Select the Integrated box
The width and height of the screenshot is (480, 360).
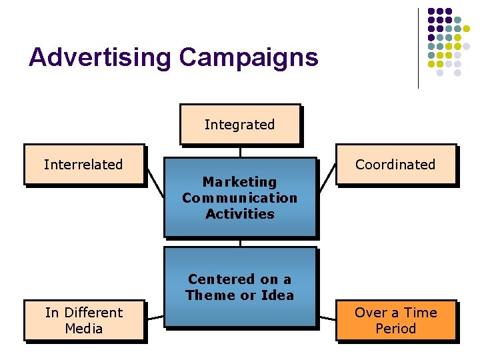coord(239,125)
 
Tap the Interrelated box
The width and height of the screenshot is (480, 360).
coord(83,164)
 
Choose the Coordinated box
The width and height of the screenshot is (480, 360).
coord(395,164)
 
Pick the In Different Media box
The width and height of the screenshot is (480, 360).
coord(84,320)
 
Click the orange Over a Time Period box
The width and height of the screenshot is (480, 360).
coord(396,320)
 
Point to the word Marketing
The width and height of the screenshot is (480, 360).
coord(239,182)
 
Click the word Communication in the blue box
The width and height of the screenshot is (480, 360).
coord(239,198)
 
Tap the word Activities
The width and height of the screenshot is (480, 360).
coord(240,214)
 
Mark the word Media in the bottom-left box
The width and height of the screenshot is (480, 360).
coord(84,328)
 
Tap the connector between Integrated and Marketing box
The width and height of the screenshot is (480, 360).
coord(240,151)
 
